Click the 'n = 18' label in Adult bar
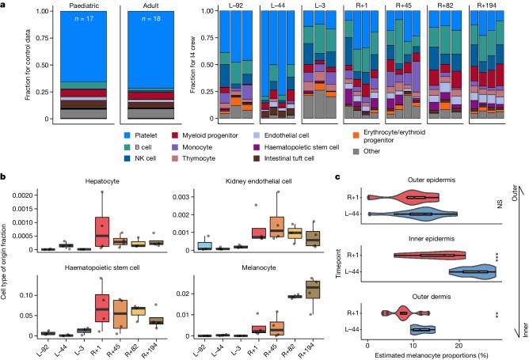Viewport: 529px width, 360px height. click(x=149, y=18)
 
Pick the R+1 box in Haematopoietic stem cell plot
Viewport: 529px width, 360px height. click(x=101, y=303)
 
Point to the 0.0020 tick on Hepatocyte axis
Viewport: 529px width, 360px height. click(x=35, y=193)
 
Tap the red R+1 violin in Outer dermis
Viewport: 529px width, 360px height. click(x=402, y=313)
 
